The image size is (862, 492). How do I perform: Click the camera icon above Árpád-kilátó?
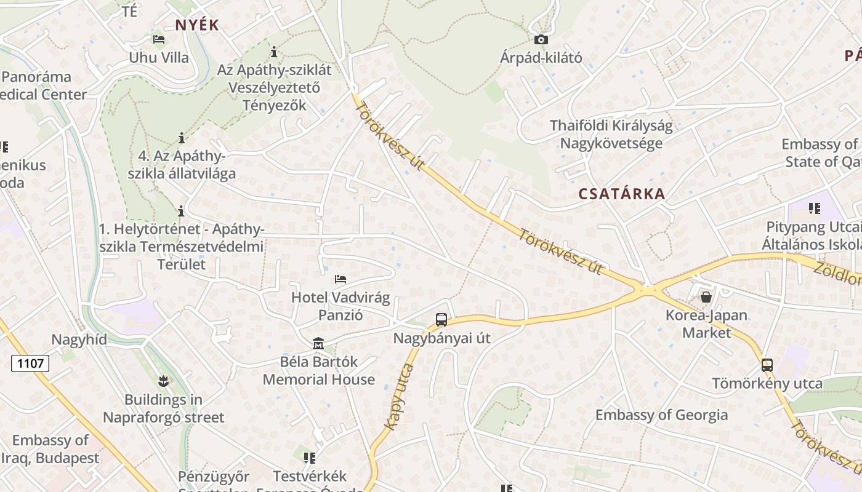(541, 40)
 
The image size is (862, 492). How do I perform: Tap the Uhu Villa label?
(159, 58)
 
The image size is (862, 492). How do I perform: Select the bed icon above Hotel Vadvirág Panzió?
(340, 279)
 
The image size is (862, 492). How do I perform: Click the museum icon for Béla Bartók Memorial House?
(318, 343)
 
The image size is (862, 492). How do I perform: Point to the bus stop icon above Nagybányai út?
(441, 320)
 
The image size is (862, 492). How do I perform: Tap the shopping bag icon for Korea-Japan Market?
(706, 298)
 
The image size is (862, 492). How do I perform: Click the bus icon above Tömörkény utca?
(767, 365)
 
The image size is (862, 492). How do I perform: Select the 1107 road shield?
(30, 363)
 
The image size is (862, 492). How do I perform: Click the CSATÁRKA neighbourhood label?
(622, 194)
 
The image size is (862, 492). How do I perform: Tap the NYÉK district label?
(197, 25)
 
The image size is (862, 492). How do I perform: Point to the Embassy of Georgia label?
(661, 415)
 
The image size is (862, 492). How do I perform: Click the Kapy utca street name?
(398, 397)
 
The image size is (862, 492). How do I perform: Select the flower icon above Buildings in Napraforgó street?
(163, 381)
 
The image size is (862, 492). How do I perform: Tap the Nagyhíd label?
(79, 339)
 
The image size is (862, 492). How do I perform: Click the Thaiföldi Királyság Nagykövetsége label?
(611, 135)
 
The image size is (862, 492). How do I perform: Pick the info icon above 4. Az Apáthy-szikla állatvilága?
(181, 137)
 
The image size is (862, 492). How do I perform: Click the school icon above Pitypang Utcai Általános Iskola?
(815, 208)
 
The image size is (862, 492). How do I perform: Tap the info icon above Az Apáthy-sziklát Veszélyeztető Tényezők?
(274, 52)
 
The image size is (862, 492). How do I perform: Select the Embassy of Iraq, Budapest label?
(50, 450)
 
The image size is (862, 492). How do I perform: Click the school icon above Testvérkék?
(309, 458)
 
